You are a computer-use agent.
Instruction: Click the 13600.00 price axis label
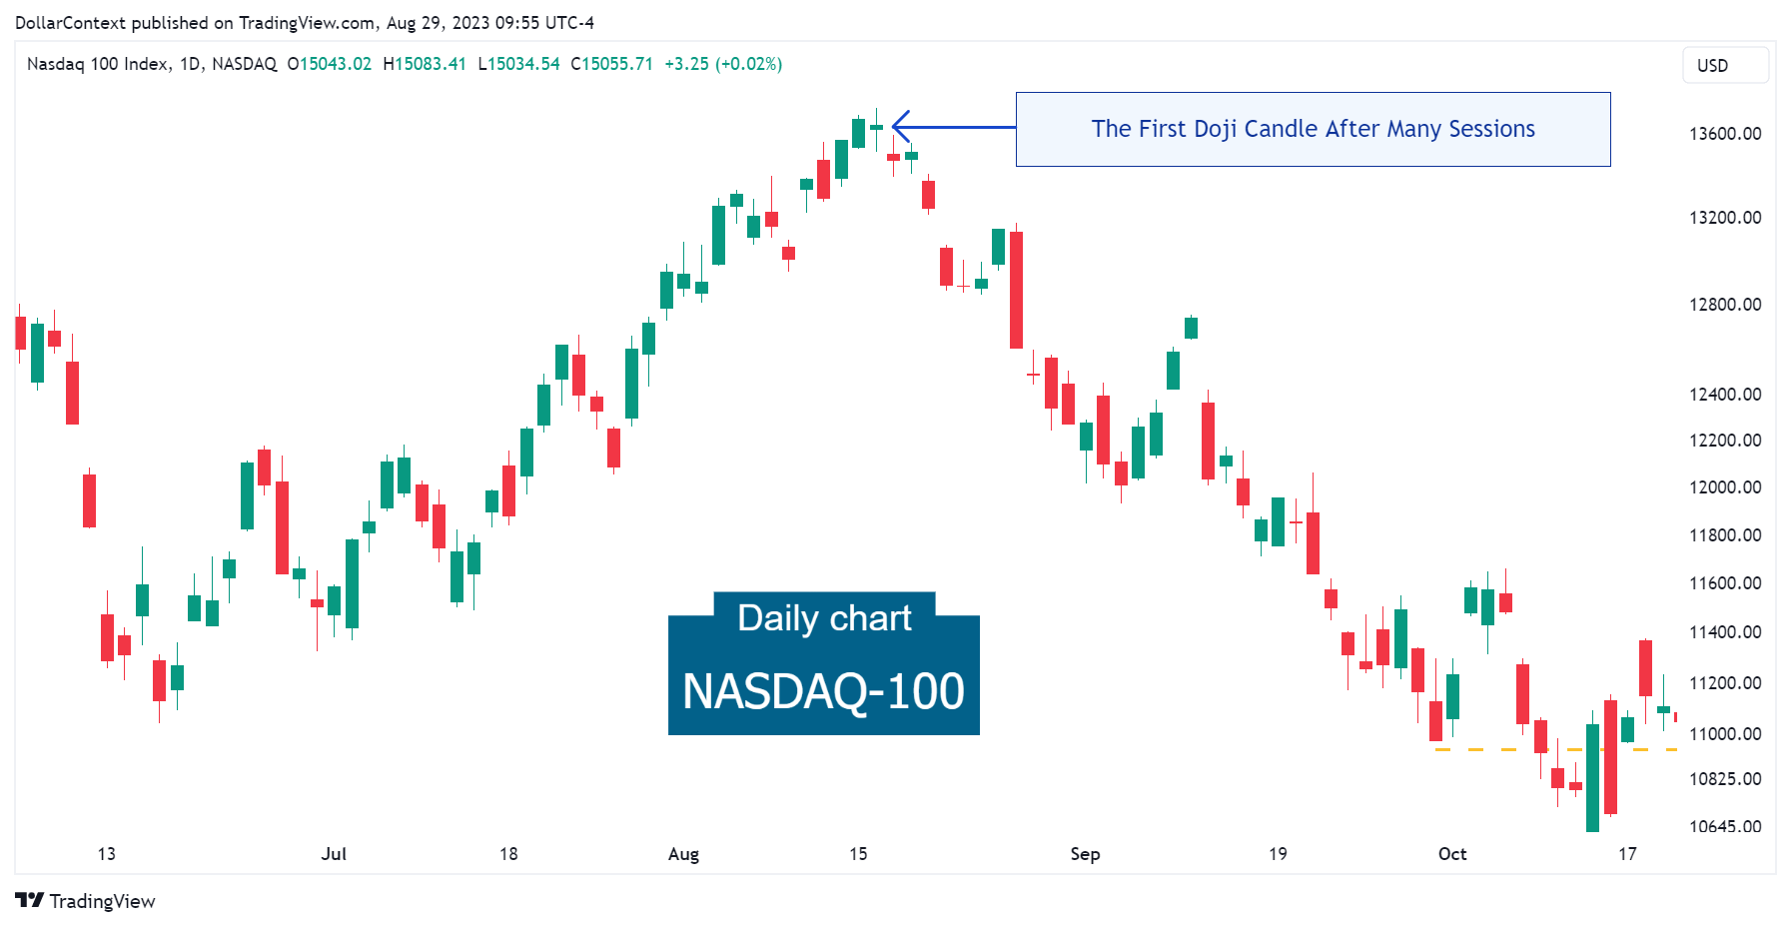click(x=1724, y=134)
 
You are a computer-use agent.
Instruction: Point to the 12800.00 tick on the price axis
click(x=1724, y=305)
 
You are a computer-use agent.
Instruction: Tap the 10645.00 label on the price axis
click(x=1724, y=827)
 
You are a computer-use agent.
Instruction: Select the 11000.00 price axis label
click(x=1724, y=734)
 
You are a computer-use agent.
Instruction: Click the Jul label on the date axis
click(x=334, y=854)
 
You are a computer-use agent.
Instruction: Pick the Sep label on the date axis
click(x=1085, y=854)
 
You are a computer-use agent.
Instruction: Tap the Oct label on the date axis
click(x=1451, y=854)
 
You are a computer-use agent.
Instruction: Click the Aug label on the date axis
click(x=683, y=854)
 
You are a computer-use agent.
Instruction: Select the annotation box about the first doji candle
click(x=1312, y=129)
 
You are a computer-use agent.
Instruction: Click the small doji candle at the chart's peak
click(x=876, y=127)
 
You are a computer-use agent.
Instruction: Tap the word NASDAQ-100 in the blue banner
click(x=823, y=691)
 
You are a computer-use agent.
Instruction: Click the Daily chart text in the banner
click(x=823, y=618)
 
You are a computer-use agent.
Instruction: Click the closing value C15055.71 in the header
click(x=611, y=64)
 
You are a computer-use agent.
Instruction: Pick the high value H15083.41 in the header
click(x=425, y=64)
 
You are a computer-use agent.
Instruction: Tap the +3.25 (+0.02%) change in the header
click(x=723, y=64)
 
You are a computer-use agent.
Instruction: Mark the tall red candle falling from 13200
click(x=1016, y=290)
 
